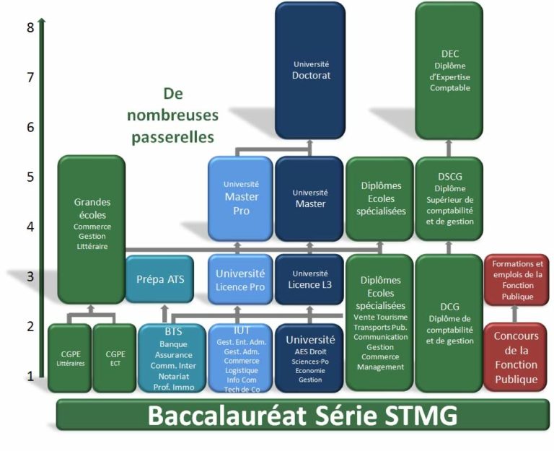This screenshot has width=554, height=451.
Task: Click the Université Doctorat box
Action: (309, 70)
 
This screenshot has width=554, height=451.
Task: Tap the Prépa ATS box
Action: (160, 279)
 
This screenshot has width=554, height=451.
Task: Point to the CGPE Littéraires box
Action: (69, 359)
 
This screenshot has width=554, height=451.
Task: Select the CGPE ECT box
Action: (115, 359)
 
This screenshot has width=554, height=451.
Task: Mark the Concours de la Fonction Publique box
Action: (516, 357)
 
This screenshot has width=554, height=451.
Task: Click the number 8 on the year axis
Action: (30, 28)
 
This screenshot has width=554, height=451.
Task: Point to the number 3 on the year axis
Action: (30, 276)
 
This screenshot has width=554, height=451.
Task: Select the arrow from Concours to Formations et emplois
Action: (516, 313)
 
